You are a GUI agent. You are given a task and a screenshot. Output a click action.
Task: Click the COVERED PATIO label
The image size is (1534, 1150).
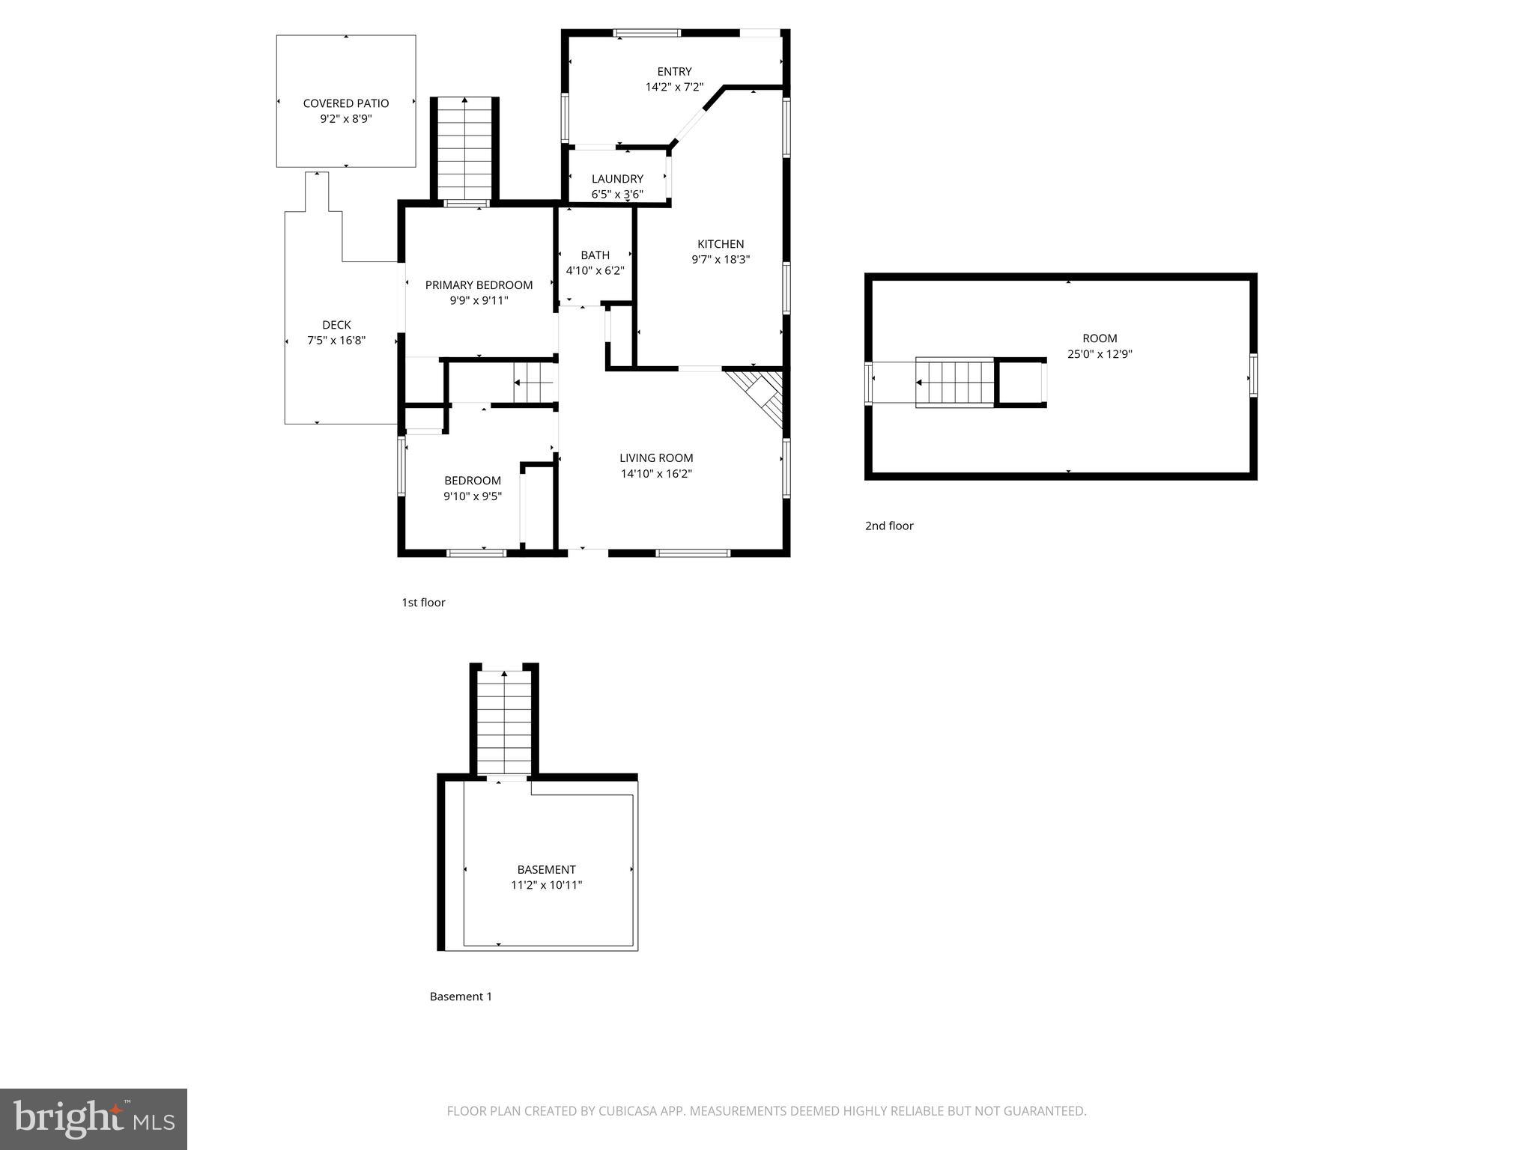pyautogui.click(x=345, y=103)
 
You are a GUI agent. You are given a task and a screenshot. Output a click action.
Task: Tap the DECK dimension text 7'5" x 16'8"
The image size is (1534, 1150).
pyautogui.click(x=336, y=341)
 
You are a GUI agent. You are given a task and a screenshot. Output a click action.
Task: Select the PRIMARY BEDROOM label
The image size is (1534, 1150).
pyautogui.click(x=479, y=285)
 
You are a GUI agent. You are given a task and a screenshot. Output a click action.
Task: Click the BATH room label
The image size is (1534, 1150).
pyautogui.click(x=595, y=255)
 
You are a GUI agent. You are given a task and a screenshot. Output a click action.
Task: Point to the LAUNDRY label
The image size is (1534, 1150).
pyautogui.click(x=617, y=178)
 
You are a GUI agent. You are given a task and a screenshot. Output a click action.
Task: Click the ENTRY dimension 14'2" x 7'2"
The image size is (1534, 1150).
pyautogui.click(x=674, y=87)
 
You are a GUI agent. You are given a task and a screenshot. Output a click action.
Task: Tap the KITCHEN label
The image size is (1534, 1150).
pyautogui.click(x=721, y=243)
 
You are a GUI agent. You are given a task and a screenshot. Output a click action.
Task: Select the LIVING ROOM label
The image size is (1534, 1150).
pyautogui.click(x=656, y=457)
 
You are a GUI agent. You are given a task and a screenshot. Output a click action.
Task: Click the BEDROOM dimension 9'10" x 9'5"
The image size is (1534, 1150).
pyautogui.click(x=472, y=496)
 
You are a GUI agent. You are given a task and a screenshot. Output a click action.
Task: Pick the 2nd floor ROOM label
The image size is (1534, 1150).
pyautogui.click(x=1100, y=338)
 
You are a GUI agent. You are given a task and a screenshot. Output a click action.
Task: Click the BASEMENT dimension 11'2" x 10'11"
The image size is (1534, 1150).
pyautogui.click(x=546, y=885)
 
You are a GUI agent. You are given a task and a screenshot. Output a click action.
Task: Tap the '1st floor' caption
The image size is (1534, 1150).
pyautogui.click(x=423, y=602)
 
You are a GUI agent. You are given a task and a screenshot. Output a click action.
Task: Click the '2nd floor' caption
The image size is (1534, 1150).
pyautogui.click(x=889, y=526)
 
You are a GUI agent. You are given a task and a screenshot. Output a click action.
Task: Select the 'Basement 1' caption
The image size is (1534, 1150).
pyautogui.click(x=461, y=996)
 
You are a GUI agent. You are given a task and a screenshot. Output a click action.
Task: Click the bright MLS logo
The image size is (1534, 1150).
pyautogui.click(x=94, y=1119)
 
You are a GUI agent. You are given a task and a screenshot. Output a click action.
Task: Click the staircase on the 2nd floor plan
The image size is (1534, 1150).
pyautogui.click(x=955, y=383)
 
